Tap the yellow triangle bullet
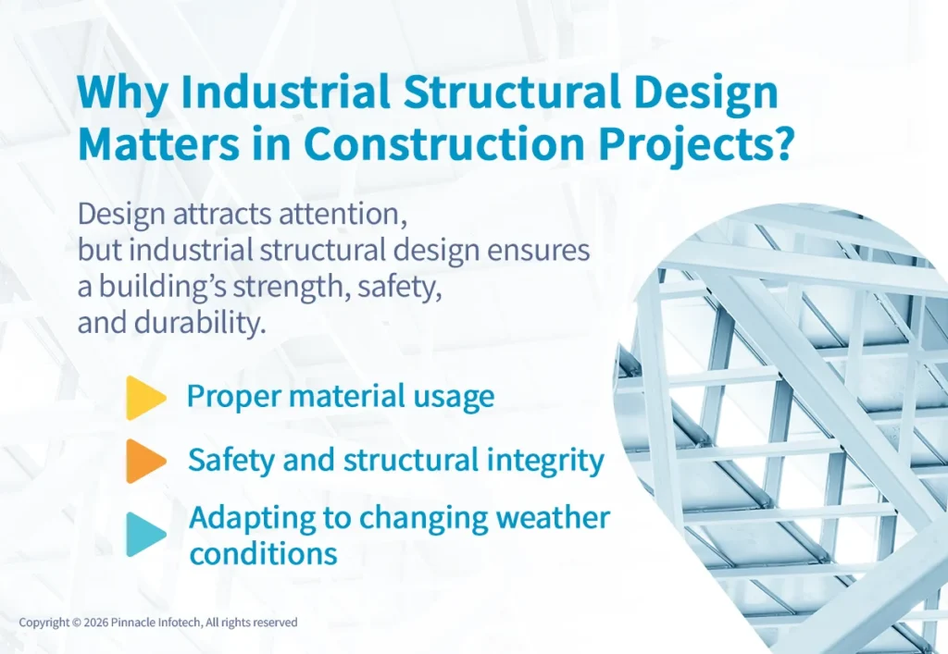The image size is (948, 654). click(x=144, y=398)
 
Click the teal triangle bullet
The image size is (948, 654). click(x=144, y=534)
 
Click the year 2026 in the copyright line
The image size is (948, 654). click(x=99, y=623)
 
